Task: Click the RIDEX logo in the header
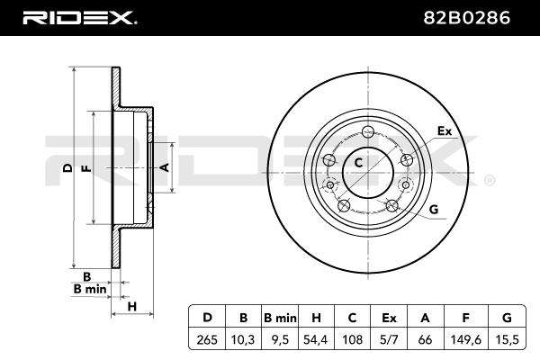click(x=80, y=18)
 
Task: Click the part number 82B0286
click(x=466, y=18)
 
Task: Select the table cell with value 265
click(x=207, y=339)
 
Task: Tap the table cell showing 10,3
click(x=244, y=339)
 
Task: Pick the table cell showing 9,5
click(x=280, y=339)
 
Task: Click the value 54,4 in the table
click(x=316, y=339)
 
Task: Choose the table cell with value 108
click(x=352, y=339)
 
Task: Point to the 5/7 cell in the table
click(x=389, y=339)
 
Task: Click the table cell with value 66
click(x=426, y=339)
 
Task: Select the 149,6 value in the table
click(x=466, y=339)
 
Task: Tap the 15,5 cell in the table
click(x=507, y=339)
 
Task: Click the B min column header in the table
click(x=280, y=318)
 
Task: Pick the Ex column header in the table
click(x=389, y=318)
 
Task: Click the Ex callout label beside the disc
click(x=445, y=130)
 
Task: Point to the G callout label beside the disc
click(x=434, y=209)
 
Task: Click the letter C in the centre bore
click(x=358, y=163)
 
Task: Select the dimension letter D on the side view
click(x=68, y=167)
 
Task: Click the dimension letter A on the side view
click(x=166, y=167)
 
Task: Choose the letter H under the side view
click(x=132, y=306)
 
